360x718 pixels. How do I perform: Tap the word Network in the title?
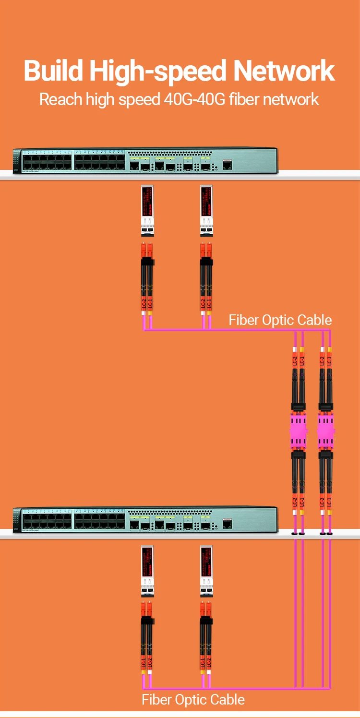(284, 71)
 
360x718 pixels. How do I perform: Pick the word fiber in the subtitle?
(244, 99)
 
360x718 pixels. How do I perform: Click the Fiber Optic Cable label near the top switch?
(280, 320)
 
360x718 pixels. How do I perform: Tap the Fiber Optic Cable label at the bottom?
(193, 700)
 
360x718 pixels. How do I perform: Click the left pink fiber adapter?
(298, 430)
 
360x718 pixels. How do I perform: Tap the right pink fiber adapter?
(326, 430)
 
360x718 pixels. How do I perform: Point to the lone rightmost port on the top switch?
(228, 165)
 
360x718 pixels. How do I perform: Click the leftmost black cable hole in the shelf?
(294, 534)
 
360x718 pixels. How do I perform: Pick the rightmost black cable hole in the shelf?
(330, 534)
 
